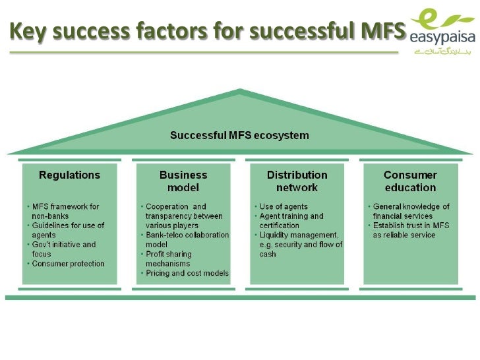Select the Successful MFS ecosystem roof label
[x=239, y=136]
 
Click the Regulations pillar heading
[x=69, y=175]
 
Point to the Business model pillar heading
[x=183, y=181]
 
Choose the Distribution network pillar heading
[x=297, y=181]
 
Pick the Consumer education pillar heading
[x=410, y=181]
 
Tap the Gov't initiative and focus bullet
[x=63, y=249]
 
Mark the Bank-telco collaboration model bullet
[x=187, y=239]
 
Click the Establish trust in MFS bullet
[x=409, y=230]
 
